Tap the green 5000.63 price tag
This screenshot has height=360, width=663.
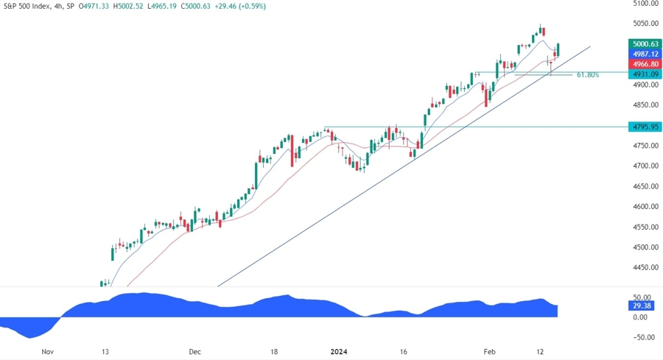(645, 43)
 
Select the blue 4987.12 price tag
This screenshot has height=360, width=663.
(645, 54)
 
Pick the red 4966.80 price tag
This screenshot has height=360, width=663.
(645, 64)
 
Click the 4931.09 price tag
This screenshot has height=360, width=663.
(645, 74)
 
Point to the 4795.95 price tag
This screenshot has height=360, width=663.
(645, 127)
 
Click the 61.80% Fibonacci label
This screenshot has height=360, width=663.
(588, 75)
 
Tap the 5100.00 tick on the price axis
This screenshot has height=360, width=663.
(645, 4)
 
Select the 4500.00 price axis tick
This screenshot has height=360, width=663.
(645, 247)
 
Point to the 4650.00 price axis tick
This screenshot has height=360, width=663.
(645, 186)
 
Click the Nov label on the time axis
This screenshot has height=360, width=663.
(49, 352)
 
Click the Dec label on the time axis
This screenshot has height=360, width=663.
(194, 352)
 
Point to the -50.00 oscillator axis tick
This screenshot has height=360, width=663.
(645, 337)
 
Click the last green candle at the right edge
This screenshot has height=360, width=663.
(559, 50)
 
